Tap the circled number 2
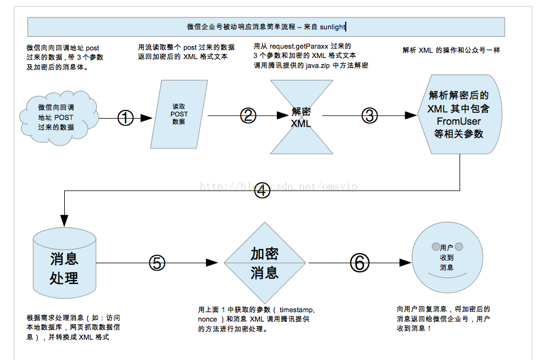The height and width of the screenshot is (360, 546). tap(248, 115)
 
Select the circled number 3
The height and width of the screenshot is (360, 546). tap(370, 116)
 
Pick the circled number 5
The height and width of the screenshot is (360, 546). tap(157, 263)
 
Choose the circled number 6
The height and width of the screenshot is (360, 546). tap(360, 263)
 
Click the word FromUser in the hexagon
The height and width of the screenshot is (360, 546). tap(458, 121)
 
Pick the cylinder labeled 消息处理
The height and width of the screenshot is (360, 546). tap(64, 266)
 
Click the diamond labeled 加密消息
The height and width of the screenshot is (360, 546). tap(265, 263)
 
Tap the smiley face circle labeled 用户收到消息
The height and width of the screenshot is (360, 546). tap(447, 257)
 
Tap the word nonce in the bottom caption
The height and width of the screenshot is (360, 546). tap(207, 320)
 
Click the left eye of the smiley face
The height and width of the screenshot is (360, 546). tap(435, 246)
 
